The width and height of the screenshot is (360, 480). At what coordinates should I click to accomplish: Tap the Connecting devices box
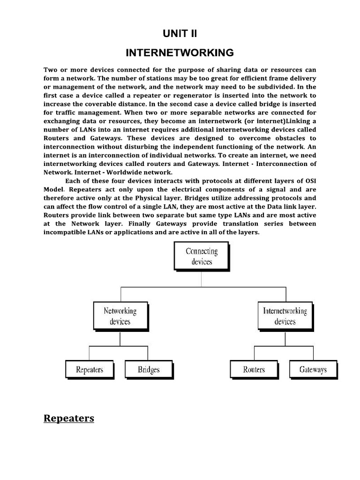coord(202,256)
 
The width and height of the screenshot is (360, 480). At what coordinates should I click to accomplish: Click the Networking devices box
coord(120,316)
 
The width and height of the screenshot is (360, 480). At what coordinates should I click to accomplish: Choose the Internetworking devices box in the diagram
coord(285,316)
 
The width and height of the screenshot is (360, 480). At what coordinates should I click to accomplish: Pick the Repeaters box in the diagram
coord(90,369)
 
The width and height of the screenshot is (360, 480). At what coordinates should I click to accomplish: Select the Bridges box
coord(149,369)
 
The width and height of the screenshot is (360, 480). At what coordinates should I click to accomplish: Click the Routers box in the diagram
coord(254,369)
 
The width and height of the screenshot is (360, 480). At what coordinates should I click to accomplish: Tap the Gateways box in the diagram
coord(313,369)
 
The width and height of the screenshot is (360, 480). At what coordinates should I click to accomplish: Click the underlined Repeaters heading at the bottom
coord(69,418)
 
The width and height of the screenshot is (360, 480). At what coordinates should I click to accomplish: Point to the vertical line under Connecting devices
coord(202,278)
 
